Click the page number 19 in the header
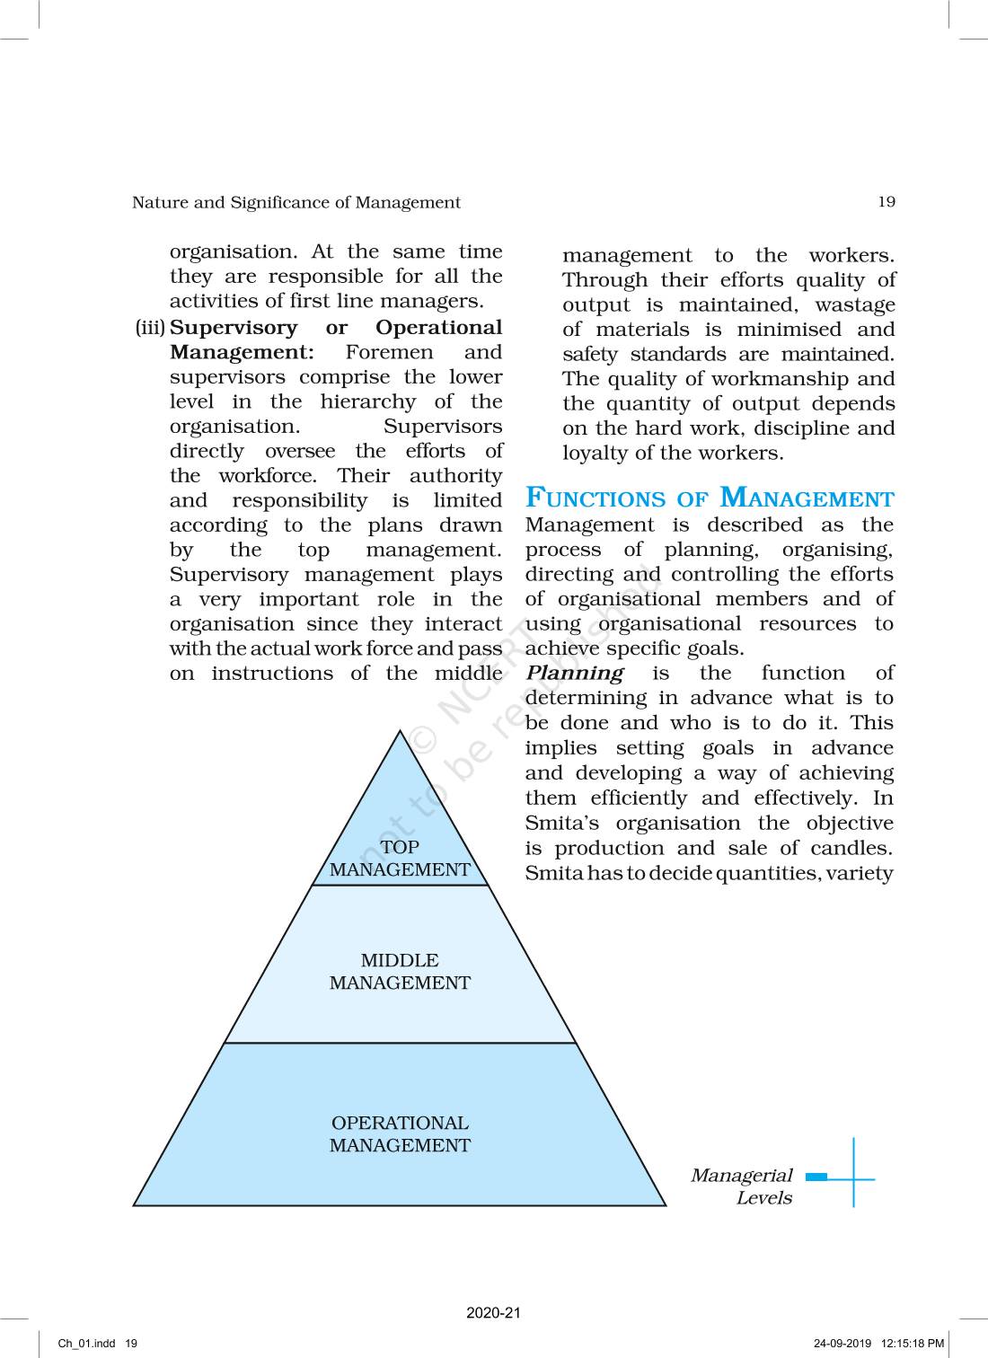click(x=886, y=202)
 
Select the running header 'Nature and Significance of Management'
click(x=296, y=203)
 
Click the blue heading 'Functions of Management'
click(x=710, y=498)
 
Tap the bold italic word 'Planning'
click(x=575, y=674)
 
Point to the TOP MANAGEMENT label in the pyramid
click(x=400, y=859)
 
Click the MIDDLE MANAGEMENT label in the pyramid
click(x=400, y=972)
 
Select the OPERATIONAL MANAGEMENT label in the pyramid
click(x=400, y=1134)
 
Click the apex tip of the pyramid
click(x=401, y=732)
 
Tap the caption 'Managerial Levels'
click(x=742, y=1186)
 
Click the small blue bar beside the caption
click(x=816, y=1177)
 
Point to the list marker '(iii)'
click(x=150, y=328)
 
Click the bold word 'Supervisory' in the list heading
click(x=233, y=328)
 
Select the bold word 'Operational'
click(x=438, y=328)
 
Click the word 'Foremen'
click(x=389, y=353)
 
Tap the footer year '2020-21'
click(x=493, y=1313)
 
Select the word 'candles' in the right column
click(x=849, y=849)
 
